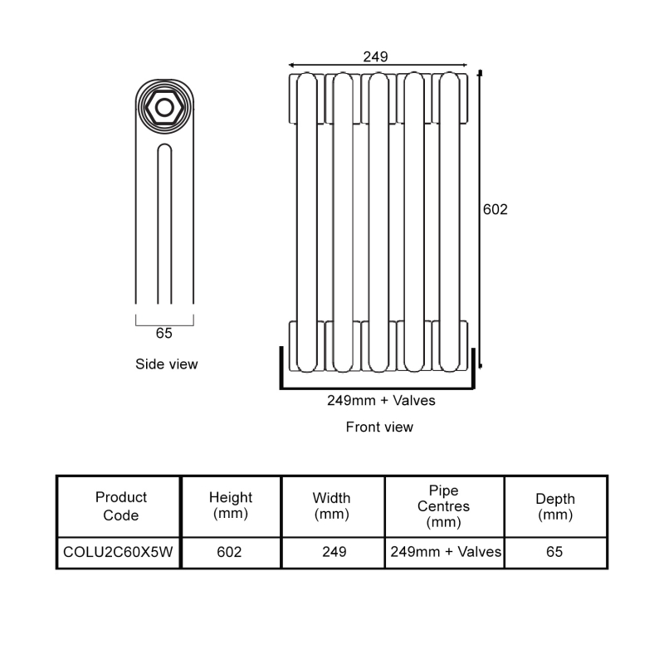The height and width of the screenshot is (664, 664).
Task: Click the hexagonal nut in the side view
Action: tap(165, 106)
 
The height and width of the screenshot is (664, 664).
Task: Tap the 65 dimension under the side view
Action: tap(164, 334)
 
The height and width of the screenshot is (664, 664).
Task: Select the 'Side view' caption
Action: tap(167, 364)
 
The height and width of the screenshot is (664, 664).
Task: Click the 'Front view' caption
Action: tap(379, 427)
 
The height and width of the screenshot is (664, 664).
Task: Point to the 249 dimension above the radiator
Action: tap(376, 56)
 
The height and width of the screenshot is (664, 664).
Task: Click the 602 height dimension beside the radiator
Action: tap(496, 210)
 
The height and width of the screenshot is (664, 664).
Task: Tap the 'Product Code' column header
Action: tap(121, 506)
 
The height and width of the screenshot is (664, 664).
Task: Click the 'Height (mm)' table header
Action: tap(231, 506)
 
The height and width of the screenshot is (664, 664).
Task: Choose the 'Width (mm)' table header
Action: tap(332, 506)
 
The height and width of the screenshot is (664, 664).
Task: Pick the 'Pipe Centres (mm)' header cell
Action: tap(443, 506)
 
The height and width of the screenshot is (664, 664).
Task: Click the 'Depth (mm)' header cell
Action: tap(555, 506)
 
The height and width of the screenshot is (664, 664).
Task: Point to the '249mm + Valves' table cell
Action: tap(444, 552)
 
